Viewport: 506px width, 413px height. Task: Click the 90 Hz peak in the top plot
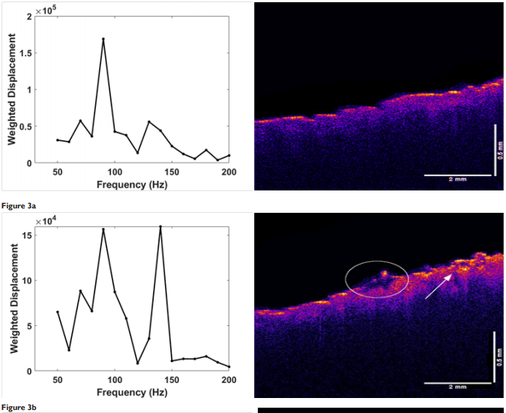pos(103,39)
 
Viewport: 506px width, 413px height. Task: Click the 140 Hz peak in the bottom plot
pos(160,226)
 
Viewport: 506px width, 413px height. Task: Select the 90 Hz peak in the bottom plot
pos(103,229)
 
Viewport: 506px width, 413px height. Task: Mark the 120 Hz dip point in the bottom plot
pos(137,363)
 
